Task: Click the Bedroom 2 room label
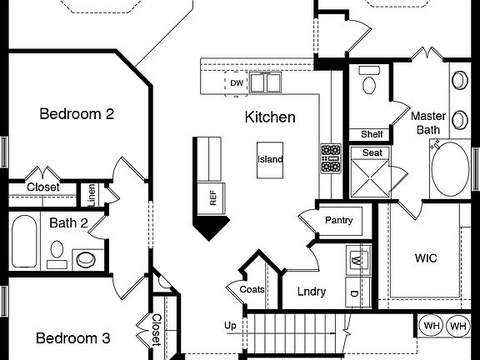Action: pos(77,114)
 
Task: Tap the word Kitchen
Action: pos(269,117)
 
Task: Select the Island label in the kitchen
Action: pos(270,159)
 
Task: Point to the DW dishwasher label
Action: pos(237,83)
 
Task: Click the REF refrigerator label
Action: pos(212,197)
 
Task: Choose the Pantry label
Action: pos(339,221)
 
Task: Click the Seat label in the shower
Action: pos(371,153)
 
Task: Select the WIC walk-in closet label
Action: pos(426,258)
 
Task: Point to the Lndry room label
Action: pos(312,292)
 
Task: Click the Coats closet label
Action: pos(252,290)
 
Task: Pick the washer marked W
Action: pos(357,261)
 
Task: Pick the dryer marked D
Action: pos(354,293)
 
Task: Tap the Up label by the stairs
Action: pos(230,325)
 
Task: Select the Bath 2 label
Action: pos(68,222)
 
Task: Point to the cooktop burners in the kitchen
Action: pos(331,157)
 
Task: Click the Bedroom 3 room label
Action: pos(72,338)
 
